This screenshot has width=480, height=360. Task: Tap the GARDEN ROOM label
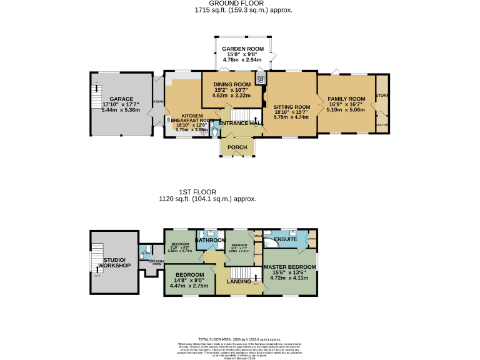[x=243, y=49]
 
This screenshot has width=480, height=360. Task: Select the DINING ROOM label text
[x=232, y=84]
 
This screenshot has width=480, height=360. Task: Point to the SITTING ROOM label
[x=292, y=107]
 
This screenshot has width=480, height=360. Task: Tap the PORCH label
[x=237, y=147]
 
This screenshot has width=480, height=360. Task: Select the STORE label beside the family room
[x=381, y=96]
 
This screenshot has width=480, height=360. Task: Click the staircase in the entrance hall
[x=241, y=114]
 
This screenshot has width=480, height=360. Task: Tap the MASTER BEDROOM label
[x=289, y=267]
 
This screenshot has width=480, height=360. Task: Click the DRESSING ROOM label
[x=156, y=262]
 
